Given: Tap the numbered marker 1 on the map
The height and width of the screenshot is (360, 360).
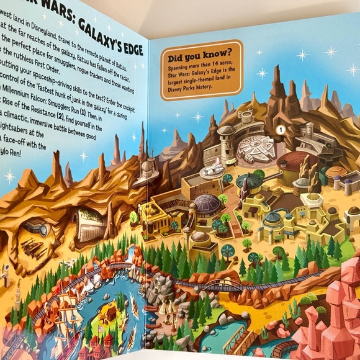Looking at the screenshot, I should click(x=280, y=129).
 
